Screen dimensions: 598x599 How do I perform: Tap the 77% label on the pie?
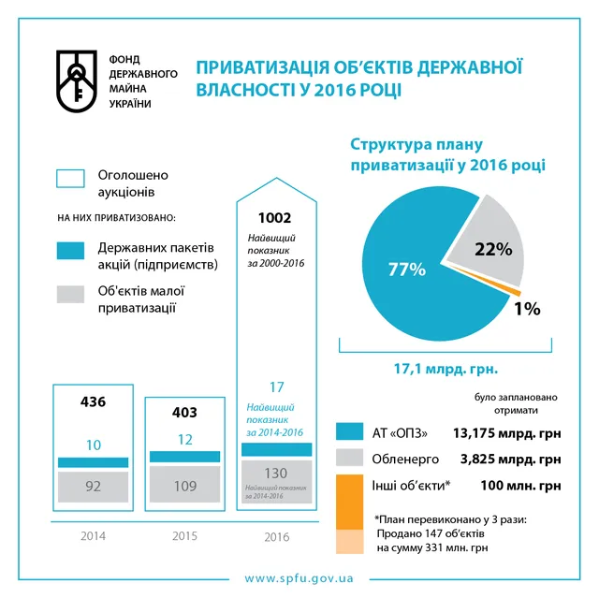[407, 270]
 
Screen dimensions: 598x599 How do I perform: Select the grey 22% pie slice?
[487, 245]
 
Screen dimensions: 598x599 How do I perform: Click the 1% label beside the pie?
[526, 309]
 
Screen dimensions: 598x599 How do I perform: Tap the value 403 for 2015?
[185, 412]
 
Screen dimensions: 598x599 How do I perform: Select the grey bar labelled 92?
[94, 487]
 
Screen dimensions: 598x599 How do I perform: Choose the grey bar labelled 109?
[185, 487]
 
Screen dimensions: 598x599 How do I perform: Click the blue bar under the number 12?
[185, 456]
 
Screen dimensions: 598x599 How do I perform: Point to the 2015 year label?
[185, 536]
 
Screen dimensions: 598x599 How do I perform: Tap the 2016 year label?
[275, 537]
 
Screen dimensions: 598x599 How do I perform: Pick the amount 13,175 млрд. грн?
[506, 432]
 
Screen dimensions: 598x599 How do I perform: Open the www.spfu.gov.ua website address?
[299, 578]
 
